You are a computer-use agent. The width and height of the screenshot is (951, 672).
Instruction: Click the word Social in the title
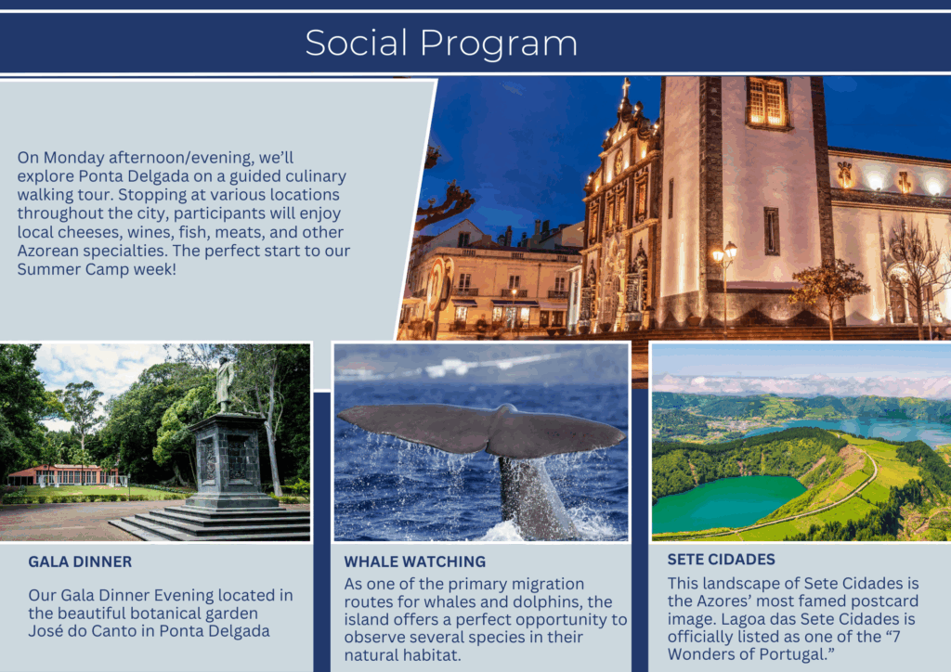point(356,43)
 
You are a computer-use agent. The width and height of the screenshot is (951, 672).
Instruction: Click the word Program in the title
point(499,45)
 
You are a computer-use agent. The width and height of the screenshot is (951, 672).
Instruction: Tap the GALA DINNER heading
point(80,562)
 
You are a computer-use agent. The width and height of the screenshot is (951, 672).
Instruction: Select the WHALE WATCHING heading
point(415,562)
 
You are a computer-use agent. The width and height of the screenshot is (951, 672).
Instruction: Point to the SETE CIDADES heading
point(721,560)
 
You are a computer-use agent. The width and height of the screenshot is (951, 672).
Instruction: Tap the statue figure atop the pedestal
point(225,384)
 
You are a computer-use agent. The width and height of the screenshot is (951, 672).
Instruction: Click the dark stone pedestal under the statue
point(229,459)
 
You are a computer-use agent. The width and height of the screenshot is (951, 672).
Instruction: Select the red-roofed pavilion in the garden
point(64,475)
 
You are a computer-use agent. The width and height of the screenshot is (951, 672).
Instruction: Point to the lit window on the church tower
point(766,102)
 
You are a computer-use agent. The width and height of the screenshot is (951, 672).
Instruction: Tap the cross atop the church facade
point(626,87)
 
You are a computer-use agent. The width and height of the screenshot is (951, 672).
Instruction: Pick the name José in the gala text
point(46,631)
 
